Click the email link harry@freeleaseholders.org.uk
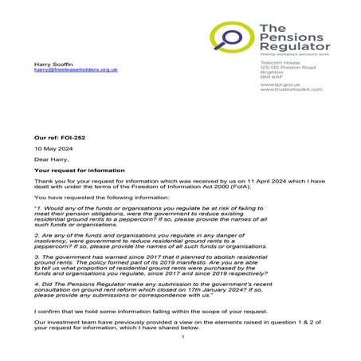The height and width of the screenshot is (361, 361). [x=76, y=70]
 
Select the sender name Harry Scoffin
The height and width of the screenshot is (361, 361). [x=53, y=63]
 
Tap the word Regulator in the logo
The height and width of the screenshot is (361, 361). [x=290, y=47]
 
